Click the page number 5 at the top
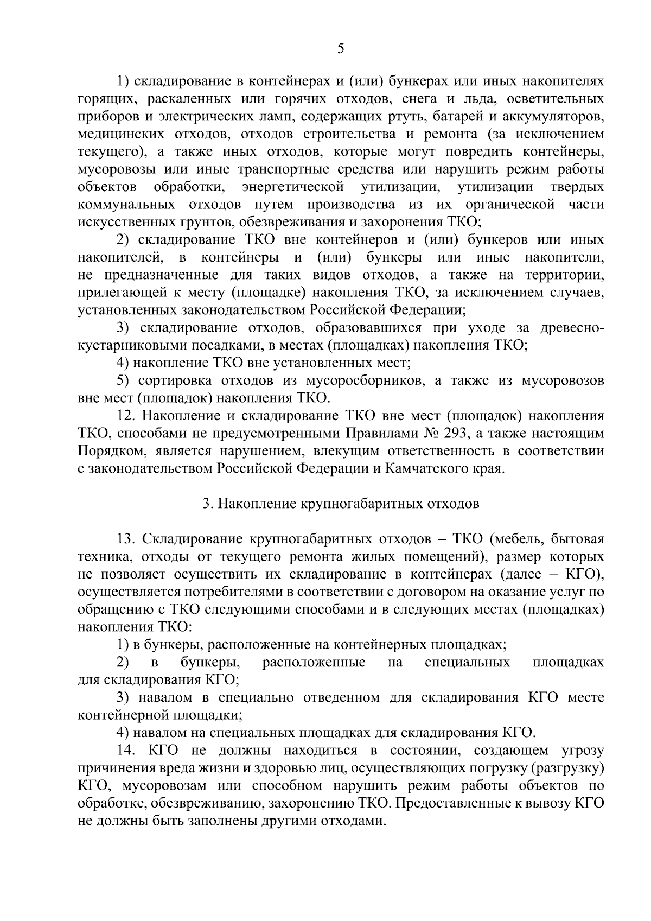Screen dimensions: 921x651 (340, 49)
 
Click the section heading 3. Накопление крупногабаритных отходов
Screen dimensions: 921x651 (341, 504)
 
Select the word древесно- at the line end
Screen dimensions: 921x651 (572, 328)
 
